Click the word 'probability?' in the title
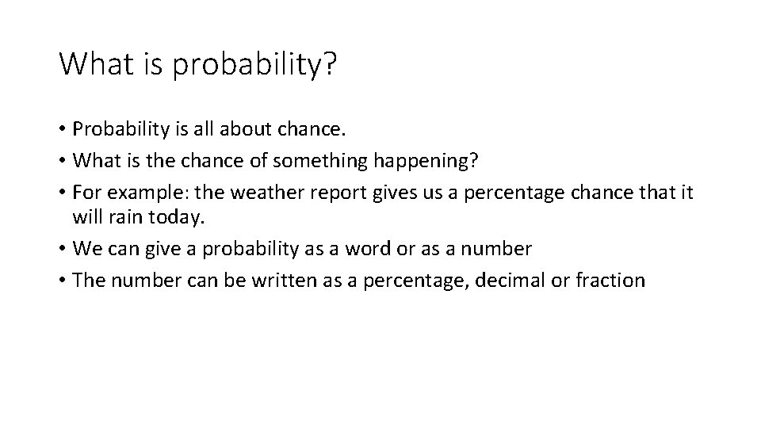click(254, 66)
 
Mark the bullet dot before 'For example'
click(63, 193)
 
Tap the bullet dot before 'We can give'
click(63, 249)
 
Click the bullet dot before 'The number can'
click(63, 281)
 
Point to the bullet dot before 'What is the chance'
click(63, 162)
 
